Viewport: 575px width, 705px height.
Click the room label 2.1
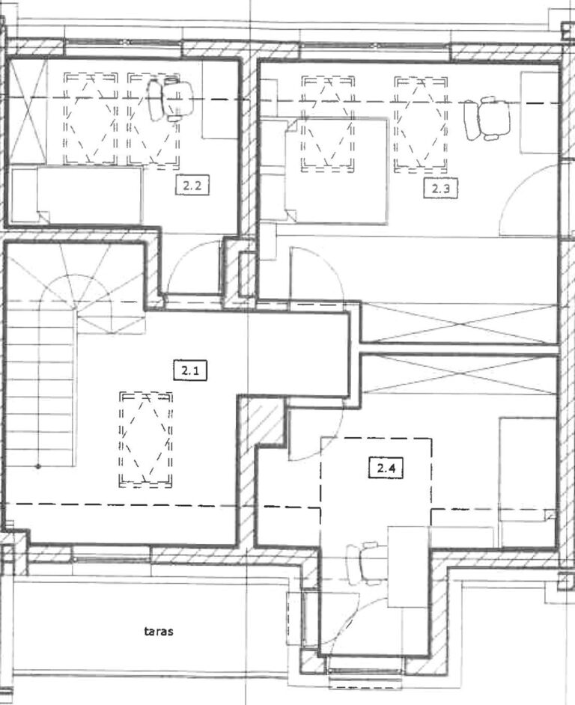[x=190, y=371]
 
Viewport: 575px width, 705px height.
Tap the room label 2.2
[x=192, y=186]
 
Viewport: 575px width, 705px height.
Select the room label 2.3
[x=441, y=188]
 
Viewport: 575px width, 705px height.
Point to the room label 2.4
[x=386, y=468]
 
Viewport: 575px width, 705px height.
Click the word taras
[x=159, y=631]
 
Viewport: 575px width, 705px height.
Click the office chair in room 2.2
[x=170, y=100]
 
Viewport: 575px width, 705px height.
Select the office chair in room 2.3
[x=487, y=118]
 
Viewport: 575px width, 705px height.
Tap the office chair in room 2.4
[x=364, y=564]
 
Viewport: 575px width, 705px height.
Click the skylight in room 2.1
[x=146, y=440]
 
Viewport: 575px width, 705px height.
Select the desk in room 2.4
[x=408, y=567]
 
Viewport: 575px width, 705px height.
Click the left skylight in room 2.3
[x=327, y=124]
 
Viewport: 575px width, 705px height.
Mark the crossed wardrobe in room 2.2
[x=28, y=112]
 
